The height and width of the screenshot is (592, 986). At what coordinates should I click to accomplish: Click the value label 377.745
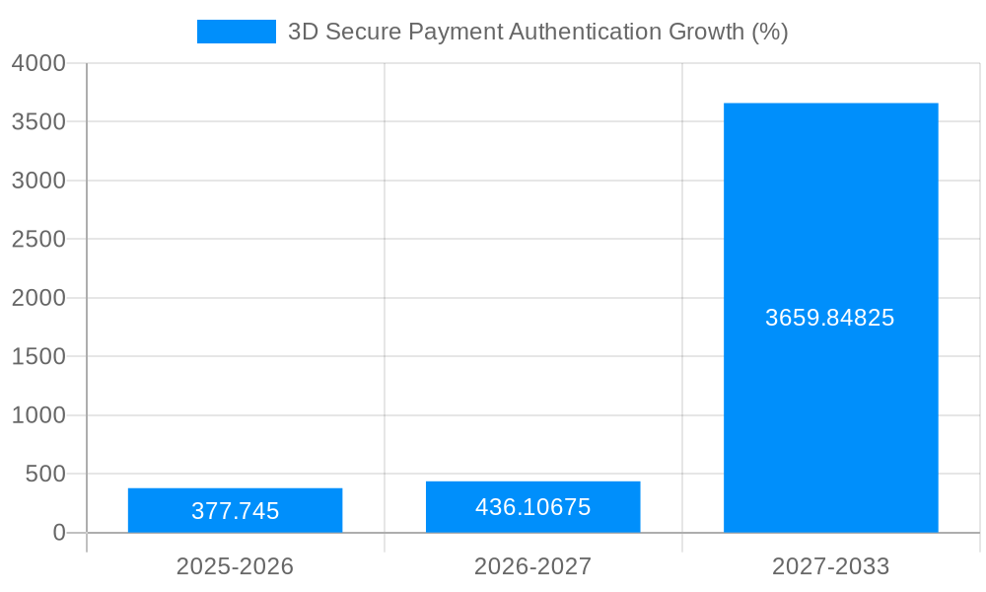[x=235, y=511]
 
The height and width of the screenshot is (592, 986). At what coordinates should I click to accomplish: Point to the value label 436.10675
[x=532, y=507]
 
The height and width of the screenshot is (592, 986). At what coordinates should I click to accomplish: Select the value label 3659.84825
[x=830, y=318]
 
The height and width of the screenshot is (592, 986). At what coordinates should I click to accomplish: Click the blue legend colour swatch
[x=237, y=32]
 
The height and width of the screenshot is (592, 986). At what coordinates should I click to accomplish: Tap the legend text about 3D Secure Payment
[x=537, y=32]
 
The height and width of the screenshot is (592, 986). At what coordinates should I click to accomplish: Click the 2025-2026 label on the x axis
[x=235, y=566]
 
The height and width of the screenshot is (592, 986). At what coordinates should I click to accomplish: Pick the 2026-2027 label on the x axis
[x=532, y=566]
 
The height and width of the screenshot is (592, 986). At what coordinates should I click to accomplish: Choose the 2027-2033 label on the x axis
[x=830, y=566]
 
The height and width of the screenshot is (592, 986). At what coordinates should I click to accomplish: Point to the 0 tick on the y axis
[x=58, y=533]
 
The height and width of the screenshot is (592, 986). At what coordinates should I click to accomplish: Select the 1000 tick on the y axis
[x=38, y=415]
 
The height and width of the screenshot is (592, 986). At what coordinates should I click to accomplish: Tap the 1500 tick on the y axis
[x=38, y=356]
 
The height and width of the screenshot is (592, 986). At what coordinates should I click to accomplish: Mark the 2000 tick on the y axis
[x=38, y=298]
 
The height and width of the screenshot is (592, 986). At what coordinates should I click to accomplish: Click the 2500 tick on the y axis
[x=38, y=239]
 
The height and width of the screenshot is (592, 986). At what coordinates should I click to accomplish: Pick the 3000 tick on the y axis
[x=38, y=181]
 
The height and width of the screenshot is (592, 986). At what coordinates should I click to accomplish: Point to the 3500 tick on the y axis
[x=38, y=121]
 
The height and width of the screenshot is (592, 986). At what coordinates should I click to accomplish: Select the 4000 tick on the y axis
[x=38, y=63]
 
